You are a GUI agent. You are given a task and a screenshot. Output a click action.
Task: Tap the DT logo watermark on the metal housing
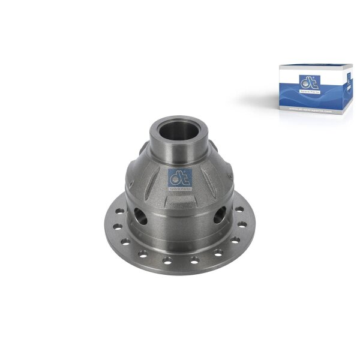tap(180, 177)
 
